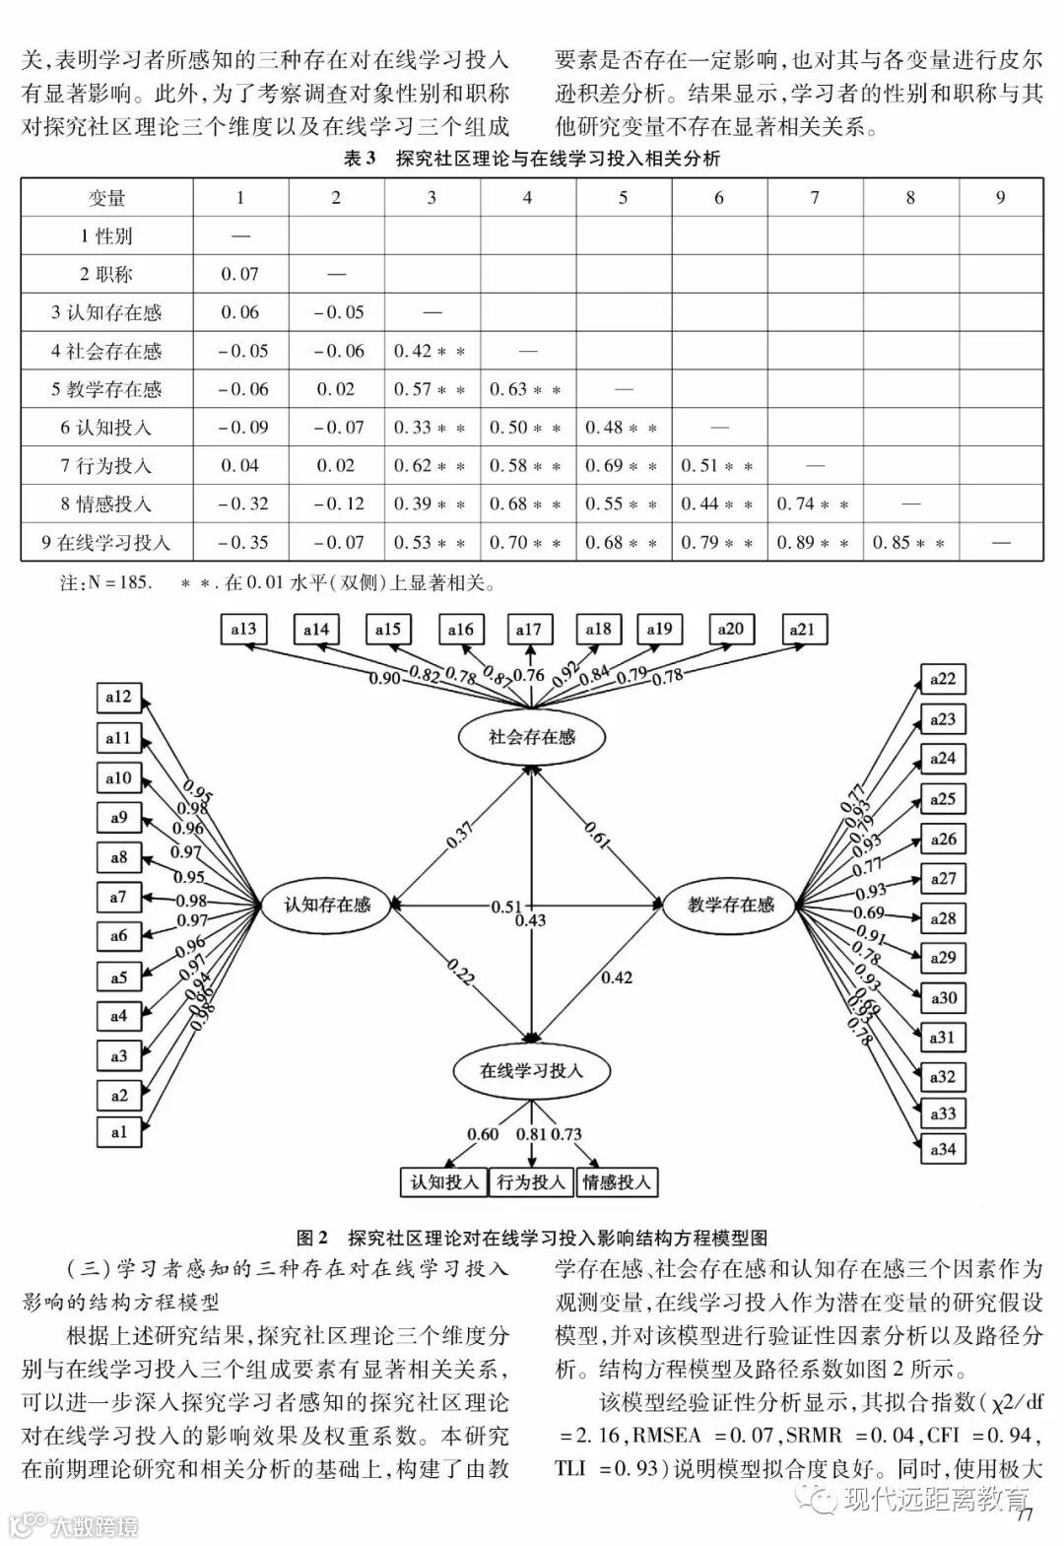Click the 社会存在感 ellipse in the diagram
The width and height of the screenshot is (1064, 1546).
[531, 736]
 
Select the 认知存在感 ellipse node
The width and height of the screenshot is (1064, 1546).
[327, 904]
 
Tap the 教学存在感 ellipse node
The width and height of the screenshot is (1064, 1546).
[730, 904]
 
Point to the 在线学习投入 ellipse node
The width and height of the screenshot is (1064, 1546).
[531, 1070]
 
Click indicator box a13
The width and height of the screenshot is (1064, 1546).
[242, 629]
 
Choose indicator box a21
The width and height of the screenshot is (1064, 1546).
[803, 629]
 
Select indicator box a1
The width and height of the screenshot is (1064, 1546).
[119, 1131]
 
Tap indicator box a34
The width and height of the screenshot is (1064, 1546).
[943, 1148]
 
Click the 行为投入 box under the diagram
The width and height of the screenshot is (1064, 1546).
[532, 1181]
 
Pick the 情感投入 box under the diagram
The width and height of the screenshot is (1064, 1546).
[617, 1181]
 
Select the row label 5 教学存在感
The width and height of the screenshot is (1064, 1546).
[106, 389]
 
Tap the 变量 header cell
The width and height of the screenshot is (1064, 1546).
[106, 198]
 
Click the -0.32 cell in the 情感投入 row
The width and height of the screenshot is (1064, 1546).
[240, 504]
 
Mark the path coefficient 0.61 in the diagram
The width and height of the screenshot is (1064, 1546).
[597, 834]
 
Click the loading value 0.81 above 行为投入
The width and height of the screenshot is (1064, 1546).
[531, 1134]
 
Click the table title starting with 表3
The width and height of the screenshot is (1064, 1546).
[532, 159]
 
